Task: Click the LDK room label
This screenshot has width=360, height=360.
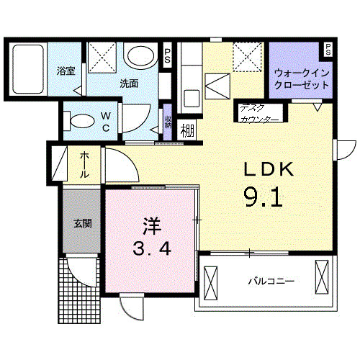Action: coord(267,170)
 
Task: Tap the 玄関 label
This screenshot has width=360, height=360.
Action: coord(82,224)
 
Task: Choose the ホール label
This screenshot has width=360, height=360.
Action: coord(85,165)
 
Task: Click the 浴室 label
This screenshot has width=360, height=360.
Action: coord(66,71)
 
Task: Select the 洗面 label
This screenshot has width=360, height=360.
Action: coord(130,83)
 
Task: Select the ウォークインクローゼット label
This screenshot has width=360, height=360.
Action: coord(302,78)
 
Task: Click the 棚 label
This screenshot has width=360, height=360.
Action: coord(187,130)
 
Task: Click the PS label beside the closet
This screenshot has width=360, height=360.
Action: coord(328,50)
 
